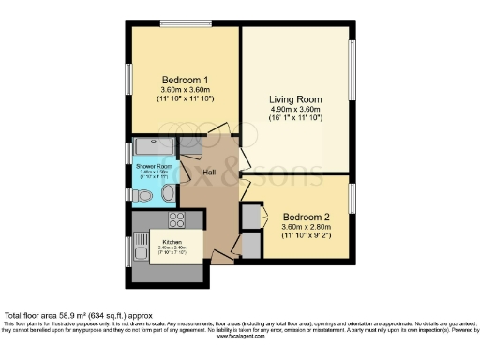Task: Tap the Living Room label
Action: [296, 98]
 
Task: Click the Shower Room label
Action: [153, 166]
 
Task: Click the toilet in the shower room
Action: [142, 194]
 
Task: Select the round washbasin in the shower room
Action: [168, 193]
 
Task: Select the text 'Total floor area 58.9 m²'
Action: [63, 316]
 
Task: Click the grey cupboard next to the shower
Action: [190, 145]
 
